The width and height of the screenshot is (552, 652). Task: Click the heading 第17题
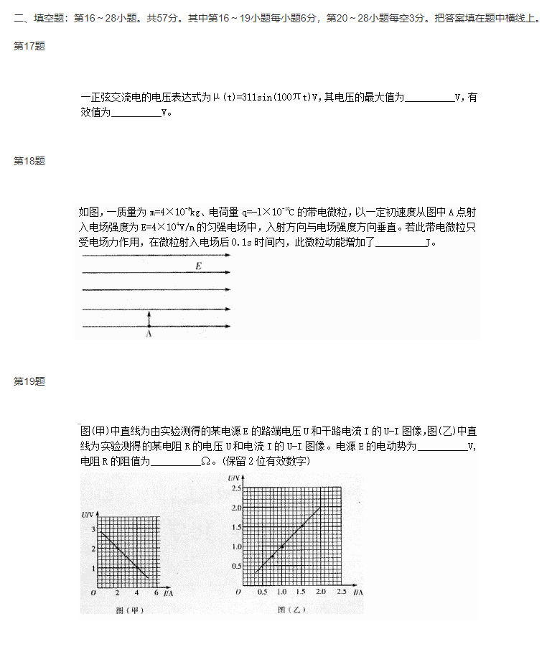[x=29, y=46]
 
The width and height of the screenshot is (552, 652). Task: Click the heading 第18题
[x=29, y=161]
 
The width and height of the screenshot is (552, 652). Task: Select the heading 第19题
[x=29, y=381]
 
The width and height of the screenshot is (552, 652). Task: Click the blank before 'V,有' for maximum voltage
[x=429, y=98]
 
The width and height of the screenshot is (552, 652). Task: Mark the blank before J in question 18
[x=400, y=243]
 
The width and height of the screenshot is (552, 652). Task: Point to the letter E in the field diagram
[x=198, y=266]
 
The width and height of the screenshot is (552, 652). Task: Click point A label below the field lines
[x=149, y=333]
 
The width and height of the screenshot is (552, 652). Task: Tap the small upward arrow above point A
[x=149, y=318]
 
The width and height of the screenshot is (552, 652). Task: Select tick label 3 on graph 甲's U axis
[x=93, y=528]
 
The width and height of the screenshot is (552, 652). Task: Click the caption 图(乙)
[x=291, y=610]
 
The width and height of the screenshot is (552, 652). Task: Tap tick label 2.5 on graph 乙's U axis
[x=237, y=488]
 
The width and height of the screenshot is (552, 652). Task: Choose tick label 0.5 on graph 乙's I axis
[x=263, y=592]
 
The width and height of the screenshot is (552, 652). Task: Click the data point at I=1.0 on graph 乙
[x=282, y=547]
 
